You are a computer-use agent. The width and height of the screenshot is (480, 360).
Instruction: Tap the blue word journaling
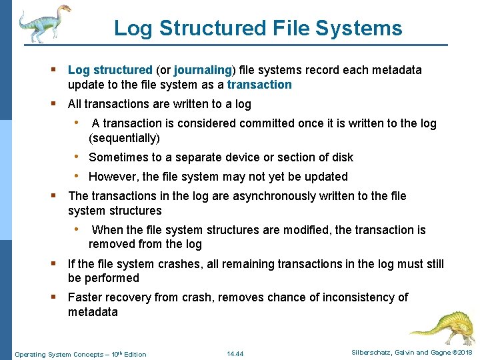[203, 70]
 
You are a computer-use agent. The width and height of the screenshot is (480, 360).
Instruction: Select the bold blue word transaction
[259, 85]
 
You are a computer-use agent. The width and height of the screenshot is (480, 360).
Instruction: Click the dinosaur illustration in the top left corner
[43, 23]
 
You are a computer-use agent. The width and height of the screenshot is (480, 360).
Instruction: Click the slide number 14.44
[235, 354]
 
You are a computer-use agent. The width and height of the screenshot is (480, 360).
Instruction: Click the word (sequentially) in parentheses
[124, 138]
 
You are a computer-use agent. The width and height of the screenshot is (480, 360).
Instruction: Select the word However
[112, 177]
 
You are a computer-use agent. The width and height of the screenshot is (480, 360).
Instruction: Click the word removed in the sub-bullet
[110, 244]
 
